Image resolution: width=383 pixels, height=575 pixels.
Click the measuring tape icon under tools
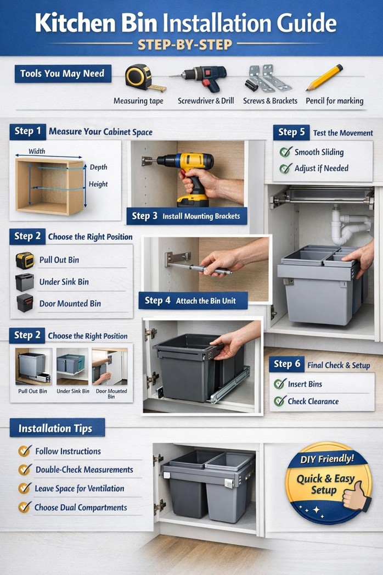tap(138, 77)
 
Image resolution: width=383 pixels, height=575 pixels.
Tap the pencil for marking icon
tap(324, 77)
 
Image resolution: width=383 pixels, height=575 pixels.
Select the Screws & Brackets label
tap(270, 101)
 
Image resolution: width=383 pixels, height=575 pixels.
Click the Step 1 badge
tap(27, 131)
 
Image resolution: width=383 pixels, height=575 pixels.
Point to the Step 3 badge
tap(145, 216)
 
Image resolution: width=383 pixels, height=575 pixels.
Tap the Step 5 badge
tap(291, 132)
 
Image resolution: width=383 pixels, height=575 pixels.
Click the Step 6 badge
tap(287, 364)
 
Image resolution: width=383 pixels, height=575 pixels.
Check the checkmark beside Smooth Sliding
tap(285, 152)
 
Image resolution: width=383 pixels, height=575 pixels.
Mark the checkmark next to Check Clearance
tap(280, 401)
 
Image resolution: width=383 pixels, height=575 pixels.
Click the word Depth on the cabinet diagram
tap(99, 167)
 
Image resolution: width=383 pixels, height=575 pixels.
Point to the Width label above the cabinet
tap(37, 152)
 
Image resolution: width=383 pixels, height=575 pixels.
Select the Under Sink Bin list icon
tap(24, 282)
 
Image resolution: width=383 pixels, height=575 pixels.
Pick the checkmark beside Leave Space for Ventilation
tap(24, 488)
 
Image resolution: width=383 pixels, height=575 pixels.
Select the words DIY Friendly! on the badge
tap(327, 459)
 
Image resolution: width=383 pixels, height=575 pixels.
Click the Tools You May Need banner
tap(63, 74)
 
